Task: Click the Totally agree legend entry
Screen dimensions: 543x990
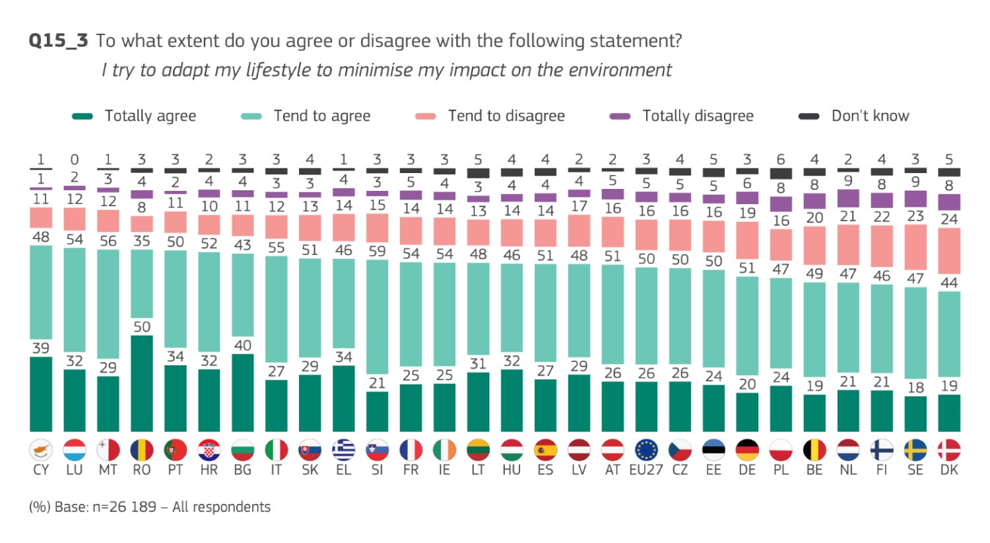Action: tap(134, 116)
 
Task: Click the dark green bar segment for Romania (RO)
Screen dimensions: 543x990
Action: tap(142, 383)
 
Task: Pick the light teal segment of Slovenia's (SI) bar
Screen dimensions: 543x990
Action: tap(377, 317)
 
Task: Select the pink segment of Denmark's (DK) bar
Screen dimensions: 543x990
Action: tap(949, 250)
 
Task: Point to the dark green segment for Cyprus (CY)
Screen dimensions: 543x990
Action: tap(41, 394)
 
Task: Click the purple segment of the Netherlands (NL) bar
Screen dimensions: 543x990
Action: tap(848, 198)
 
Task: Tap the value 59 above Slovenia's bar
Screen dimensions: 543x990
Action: tap(377, 251)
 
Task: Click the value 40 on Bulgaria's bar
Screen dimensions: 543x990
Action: tap(242, 345)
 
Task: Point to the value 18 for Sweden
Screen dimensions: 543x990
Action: tap(915, 388)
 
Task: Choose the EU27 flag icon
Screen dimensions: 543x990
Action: tap(646, 451)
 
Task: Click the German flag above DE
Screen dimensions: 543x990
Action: tap(747, 451)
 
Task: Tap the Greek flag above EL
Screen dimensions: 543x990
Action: tap(343, 451)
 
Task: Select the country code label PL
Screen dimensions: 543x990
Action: tap(781, 470)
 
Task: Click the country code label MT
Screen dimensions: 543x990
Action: tap(108, 470)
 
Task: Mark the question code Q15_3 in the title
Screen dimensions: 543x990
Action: tap(58, 41)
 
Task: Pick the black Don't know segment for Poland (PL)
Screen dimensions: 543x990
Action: tap(781, 174)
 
